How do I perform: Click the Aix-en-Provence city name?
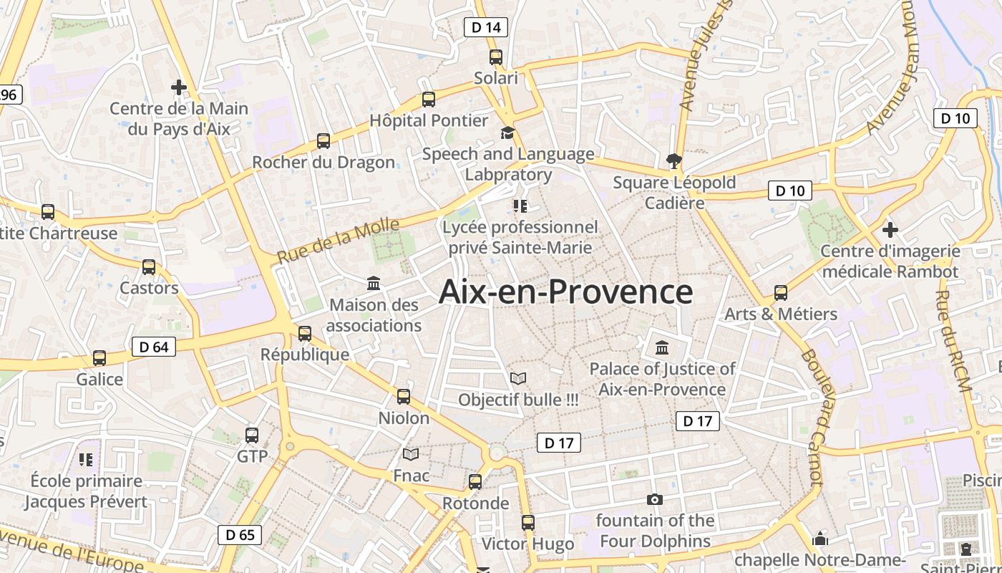(x=565, y=292)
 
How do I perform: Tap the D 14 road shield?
(x=486, y=27)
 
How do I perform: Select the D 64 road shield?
(x=154, y=347)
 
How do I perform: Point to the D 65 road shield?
(x=240, y=534)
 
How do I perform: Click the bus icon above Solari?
(x=496, y=57)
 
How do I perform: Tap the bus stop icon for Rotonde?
(x=475, y=482)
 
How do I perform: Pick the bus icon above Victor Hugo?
(x=528, y=523)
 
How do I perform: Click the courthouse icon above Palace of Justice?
(x=662, y=348)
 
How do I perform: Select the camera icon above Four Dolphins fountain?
(x=654, y=499)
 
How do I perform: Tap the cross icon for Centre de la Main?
(x=179, y=87)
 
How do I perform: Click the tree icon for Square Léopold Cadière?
(x=673, y=160)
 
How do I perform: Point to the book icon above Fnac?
(x=411, y=454)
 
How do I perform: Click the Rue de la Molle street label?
(x=339, y=241)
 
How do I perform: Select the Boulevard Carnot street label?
(x=812, y=415)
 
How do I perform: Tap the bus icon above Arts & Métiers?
(x=781, y=293)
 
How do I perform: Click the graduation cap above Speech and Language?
(x=507, y=133)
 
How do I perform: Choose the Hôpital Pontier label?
(x=429, y=120)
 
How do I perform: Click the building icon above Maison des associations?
(x=374, y=284)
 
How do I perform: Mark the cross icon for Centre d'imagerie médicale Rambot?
(x=890, y=230)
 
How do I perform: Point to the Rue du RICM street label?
(x=953, y=341)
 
